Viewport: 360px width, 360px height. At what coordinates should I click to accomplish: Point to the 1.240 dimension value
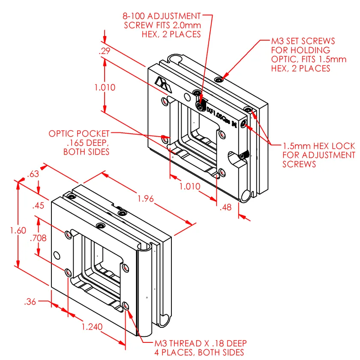tap(92, 327)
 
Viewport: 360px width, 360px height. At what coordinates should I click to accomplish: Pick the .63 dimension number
tap(33, 174)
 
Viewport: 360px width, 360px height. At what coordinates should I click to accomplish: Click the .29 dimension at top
tap(105, 51)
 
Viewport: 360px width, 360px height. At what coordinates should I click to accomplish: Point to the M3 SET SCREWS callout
tap(303, 41)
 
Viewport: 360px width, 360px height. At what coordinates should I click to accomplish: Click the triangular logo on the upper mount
tap(163, 83)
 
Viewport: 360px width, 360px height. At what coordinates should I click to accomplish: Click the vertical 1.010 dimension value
tap(105, 87)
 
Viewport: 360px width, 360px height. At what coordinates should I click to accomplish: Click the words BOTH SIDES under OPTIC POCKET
tap(86, 152)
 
